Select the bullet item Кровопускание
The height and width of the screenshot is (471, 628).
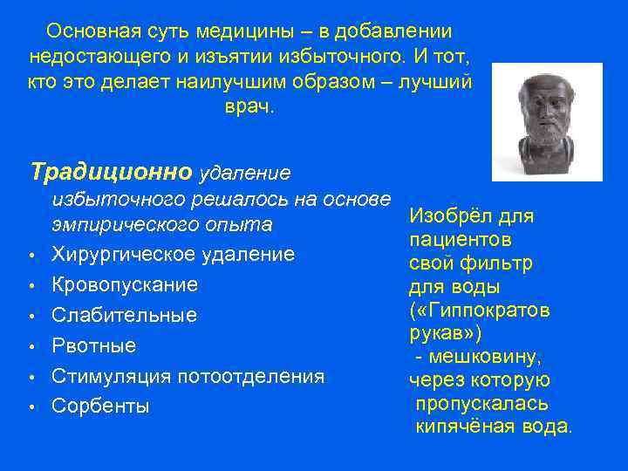(x=125, y=284)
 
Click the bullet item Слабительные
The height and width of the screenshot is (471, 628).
(x=124, y=315)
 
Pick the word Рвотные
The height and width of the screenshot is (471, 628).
(x=93, y=345)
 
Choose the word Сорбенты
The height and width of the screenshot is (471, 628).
(x=100, y=406)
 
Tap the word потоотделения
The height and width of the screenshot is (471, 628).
(x=251, y=376)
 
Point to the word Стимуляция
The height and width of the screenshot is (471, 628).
(x=113, y=376)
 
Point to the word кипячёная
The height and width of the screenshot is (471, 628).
(x=468, y=427)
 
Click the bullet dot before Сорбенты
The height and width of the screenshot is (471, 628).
(x=31, y=407)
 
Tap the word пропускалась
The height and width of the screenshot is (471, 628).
(x=481, y=403)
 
